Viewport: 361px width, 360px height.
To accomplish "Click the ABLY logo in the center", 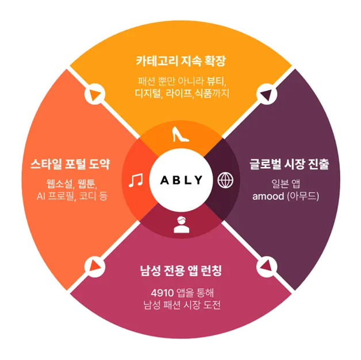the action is click(180, 180).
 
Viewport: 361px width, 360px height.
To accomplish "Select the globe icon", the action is click(226, 180).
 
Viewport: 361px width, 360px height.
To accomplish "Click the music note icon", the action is click(136, 180).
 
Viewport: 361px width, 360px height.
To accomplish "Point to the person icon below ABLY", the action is click(181, 225).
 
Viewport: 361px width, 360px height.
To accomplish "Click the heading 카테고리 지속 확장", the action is click(180, 60).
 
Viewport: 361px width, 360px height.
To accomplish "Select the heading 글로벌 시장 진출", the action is click(289, 164).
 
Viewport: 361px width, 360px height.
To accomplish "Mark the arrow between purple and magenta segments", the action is click(267, 266).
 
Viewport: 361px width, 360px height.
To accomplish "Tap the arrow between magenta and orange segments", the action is click(94, 266).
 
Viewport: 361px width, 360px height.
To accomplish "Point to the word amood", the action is click(269, 196).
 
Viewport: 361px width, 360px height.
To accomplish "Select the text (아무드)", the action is click(306, 196).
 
